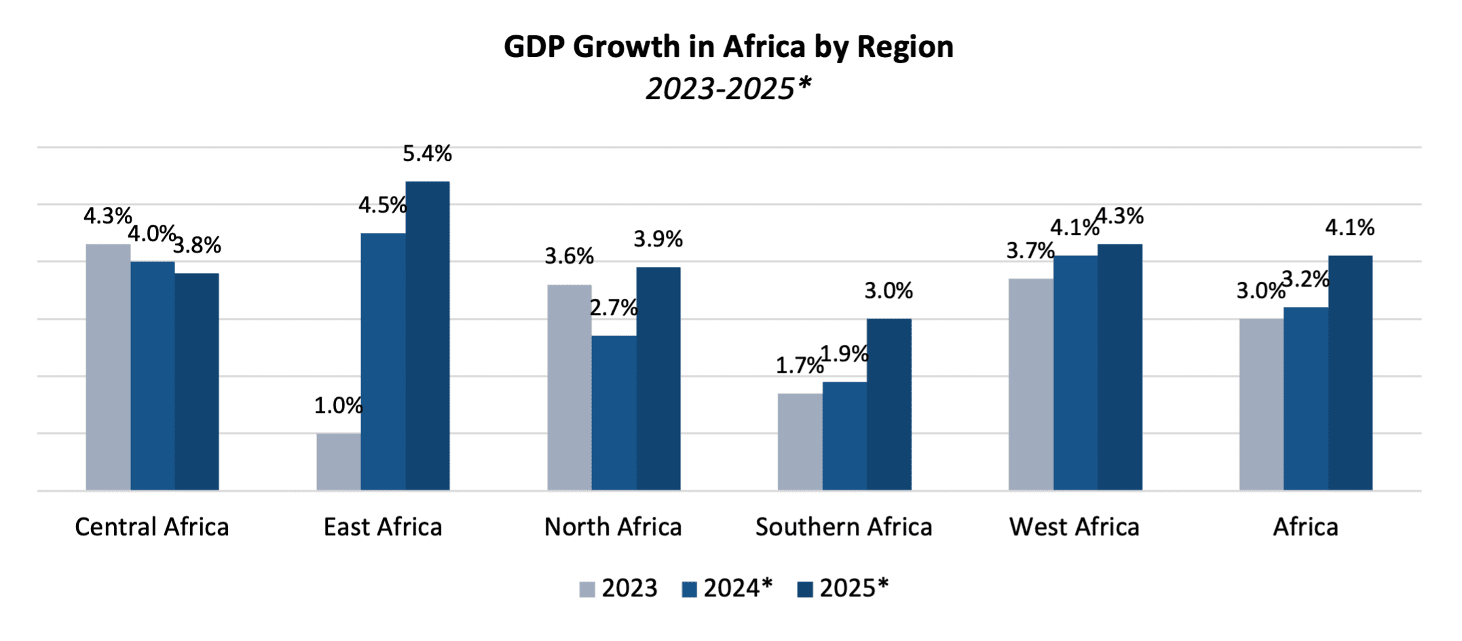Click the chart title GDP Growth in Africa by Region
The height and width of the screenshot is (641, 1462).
click(728, 47)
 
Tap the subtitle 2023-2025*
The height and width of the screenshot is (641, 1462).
click(728, 89)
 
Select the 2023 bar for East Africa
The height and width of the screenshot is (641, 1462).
click(338, 461)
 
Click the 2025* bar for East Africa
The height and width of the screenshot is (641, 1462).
click(428, 335)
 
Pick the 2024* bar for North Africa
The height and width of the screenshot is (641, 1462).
click(614, 412)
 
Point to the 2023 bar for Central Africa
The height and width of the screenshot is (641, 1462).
click(108, 367)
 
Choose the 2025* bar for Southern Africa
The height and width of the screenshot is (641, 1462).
click(888, 404)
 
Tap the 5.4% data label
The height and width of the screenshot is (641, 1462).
click(427, 153)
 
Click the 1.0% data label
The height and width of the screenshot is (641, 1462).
click(338, 406)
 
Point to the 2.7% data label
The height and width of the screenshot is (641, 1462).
click(614, 308)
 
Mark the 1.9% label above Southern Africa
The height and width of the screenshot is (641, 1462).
click(844, 354)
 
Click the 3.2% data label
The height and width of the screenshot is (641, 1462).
click(1305, 279)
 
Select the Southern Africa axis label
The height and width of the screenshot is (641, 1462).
click(844, 527)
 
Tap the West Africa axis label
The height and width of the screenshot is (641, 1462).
click(1074, 527)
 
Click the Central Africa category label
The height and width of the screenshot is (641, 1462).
click(152, 527)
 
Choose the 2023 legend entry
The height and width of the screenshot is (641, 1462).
click(618, 588)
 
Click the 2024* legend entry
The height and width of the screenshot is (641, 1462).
click(727, 588)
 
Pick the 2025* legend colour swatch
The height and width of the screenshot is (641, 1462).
click(805, 589)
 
